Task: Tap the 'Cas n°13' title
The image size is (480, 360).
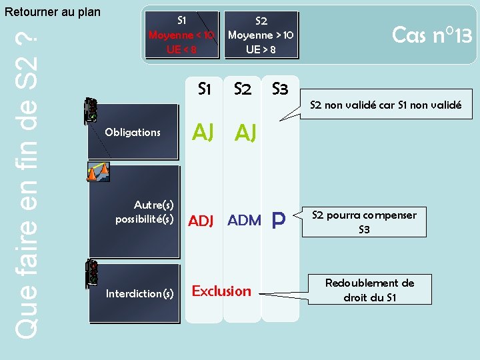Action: click(x=432, y=34)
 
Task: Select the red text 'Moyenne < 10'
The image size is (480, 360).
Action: click(x=181, y=35)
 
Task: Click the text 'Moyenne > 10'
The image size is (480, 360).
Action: click(x=261, y=35)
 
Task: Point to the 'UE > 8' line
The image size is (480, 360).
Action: click(x=261, y=49)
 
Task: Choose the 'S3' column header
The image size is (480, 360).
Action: click(x=280, y=89)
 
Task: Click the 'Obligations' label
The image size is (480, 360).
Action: click(x=133, y=132)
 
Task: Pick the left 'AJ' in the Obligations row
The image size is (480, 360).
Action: click(x=203, y=133)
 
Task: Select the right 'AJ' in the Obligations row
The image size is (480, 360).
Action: click(x=245, y=134)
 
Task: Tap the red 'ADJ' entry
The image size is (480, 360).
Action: click(x=201, y=221)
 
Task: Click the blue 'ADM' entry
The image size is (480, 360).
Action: click(x=244, y=220)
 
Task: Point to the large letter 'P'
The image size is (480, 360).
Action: click(x=279, y=220)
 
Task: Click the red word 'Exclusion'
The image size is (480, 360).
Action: click(x=221, y=291)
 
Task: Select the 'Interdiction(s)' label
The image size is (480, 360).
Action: click(x=140, y=293)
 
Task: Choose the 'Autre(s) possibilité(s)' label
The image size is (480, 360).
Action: click(x=145, y=211)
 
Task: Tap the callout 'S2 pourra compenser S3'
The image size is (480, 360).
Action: click(x=364, y=222)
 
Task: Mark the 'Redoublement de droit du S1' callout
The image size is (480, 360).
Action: click(x=369, y=290)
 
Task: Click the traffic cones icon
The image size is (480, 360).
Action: click(x=98, y=172)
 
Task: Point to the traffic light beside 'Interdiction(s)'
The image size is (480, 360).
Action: click(x=92, y=274)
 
